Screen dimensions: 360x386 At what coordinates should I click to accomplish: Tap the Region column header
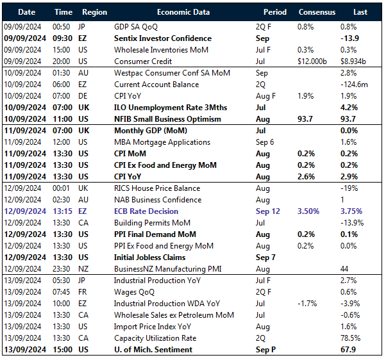[x=95, y=12]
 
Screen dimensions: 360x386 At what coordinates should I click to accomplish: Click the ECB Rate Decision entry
[x=147, y=211]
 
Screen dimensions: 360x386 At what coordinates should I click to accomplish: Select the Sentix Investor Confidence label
[x=163, y=38]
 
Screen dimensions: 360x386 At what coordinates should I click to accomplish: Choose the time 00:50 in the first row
[x=63, y=27]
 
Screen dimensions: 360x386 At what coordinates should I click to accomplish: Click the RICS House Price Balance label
[x=157, y=188]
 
